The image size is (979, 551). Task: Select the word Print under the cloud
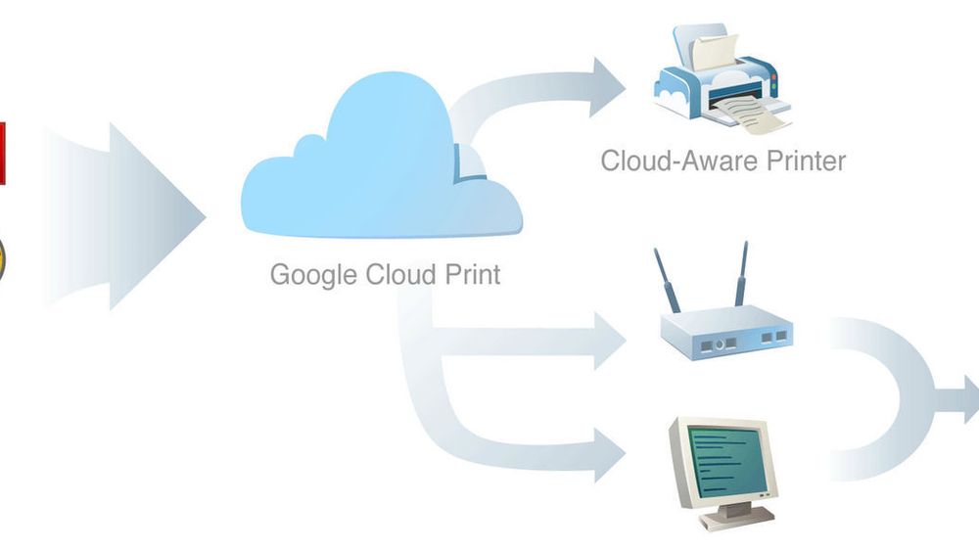[472, 275]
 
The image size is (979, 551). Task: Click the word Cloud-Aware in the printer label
[679, 161]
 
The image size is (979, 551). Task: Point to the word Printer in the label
[806, 161]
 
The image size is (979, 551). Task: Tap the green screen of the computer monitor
[726, 461]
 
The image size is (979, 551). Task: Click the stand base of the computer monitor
[737, 517]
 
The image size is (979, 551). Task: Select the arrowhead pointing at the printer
[608, 87]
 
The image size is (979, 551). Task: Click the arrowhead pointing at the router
[610, 341]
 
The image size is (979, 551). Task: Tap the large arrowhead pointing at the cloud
[156, 216]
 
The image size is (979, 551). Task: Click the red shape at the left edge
[3, 154]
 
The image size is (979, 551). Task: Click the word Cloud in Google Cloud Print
[400, 274]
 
